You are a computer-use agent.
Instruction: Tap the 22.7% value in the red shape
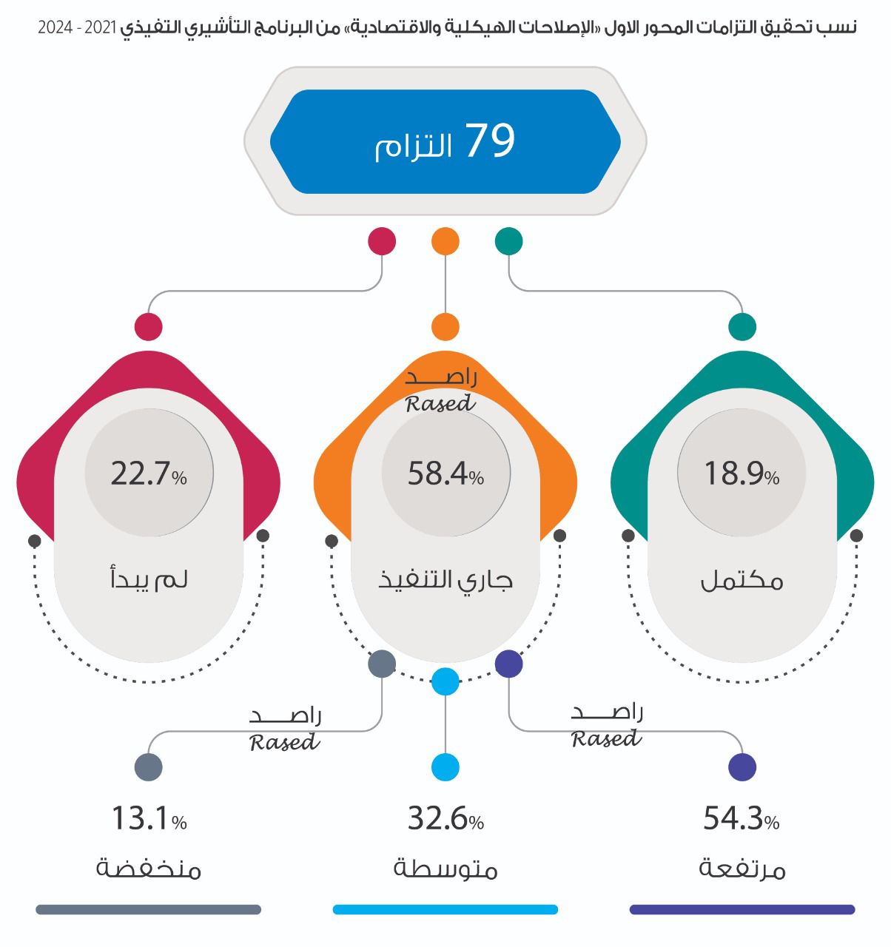(x=149, y=473)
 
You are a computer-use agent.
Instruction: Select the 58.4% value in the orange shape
(x=445, y=473)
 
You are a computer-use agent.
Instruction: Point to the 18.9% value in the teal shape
(x=742, y=473)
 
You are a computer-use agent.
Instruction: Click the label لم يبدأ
(x=149, y=579)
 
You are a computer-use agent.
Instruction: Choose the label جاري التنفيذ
(x=445, y=579)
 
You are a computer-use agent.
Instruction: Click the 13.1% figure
(x=149, y=819)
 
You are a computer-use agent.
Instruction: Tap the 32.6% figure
(x=445, y=819)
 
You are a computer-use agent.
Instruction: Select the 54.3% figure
(x=742, y=819)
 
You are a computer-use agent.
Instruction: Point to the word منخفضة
(x=149, y=868)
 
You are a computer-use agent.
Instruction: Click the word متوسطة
(x=445, y=868)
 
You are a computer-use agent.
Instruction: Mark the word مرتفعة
(x=742, y=868)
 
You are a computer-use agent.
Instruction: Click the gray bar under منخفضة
(x=149, y=909)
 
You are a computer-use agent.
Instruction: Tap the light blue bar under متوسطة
(x=445, y=909)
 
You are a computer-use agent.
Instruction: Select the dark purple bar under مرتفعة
(x=742, y=909)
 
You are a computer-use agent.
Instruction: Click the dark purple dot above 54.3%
(x=742, y=767)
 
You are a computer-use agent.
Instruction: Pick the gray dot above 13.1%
(x=148, y=767)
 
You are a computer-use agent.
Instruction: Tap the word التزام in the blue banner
(x=413, y=146)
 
